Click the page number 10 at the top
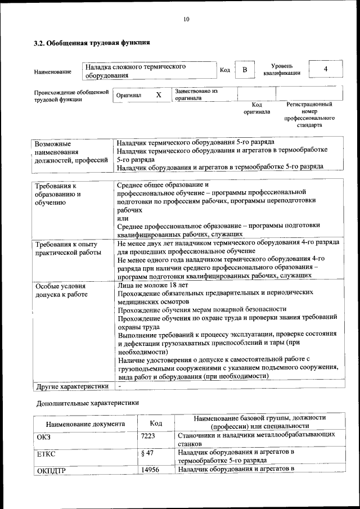click(x=186, y=19)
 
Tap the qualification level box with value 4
click(x=326, y=69)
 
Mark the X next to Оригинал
click(x=159, y=95)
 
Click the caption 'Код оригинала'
click(x=256, y=108)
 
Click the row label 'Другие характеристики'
click(x=71, y=386)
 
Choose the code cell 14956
click(x=151, y=469)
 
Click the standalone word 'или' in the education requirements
click(x=123, y=218)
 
